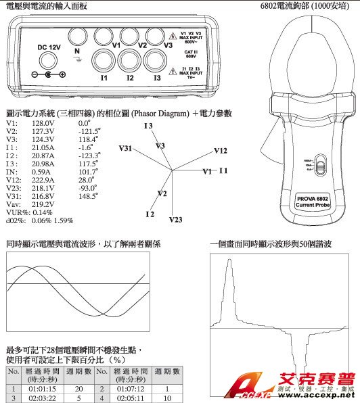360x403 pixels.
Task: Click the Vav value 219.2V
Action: (x=43, y=204)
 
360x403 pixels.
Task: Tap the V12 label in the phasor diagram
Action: (x=220, y=150)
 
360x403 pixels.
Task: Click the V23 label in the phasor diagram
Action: (x=175, y=220)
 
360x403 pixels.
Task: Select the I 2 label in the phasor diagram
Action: (x=151, y=214)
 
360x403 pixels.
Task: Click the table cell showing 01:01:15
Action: (x=42, y=389)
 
